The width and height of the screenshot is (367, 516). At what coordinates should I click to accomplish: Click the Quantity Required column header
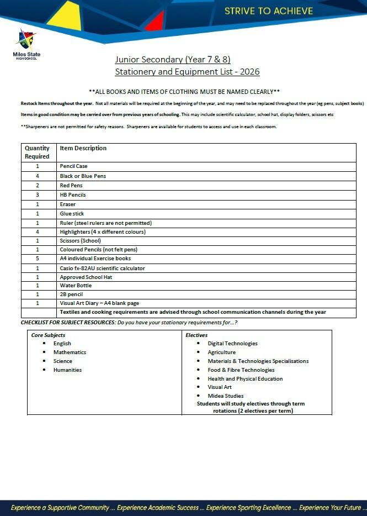(x=38, y=152)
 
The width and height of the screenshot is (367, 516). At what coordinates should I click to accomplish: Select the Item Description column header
(x=83, y=148)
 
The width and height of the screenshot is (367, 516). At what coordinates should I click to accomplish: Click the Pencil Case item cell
(x=73, y=166)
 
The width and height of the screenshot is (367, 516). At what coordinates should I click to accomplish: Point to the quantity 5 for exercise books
(x=38, y=259)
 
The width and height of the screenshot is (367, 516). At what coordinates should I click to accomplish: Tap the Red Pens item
(x=71, y=186)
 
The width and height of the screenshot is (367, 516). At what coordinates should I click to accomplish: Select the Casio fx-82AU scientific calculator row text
(x=102, y=268)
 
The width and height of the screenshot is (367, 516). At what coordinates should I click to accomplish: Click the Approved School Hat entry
(x=86, y=277)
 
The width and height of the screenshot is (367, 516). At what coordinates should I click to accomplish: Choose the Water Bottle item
(x=76, y=286)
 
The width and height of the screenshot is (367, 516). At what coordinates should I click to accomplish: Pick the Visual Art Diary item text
(x=99, y=303)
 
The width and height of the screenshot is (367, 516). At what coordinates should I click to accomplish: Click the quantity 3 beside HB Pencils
(x=38, y=195)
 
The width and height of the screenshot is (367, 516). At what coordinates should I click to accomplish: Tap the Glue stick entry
(x=72, y=214)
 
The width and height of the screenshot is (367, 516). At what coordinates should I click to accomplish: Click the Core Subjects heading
(x=48, y=335)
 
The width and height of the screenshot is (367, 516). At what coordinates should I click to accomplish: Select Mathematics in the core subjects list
(x=70, y=352)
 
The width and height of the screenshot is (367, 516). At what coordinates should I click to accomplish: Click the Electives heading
(x=196, y=335)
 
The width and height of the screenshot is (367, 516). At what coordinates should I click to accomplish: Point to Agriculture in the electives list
(x=221, y=352)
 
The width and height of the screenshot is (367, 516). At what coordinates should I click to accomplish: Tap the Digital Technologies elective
(x=232, y=344)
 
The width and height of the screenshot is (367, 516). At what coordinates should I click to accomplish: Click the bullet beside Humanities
(x=44, y=370)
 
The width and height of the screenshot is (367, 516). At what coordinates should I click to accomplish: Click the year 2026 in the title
(x=248, y=72)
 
